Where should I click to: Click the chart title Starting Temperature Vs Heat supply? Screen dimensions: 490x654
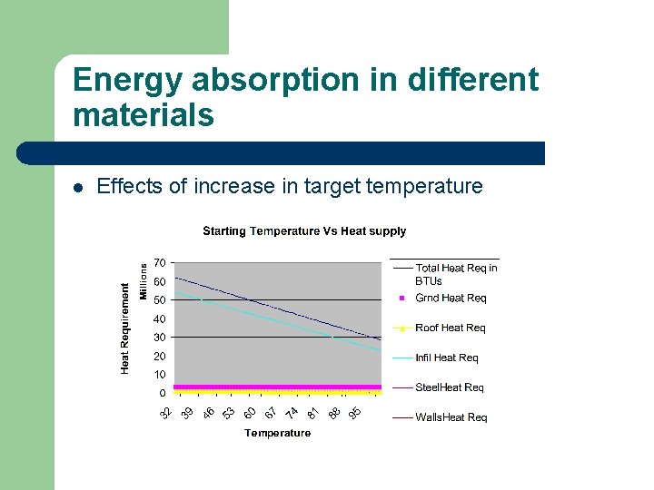[304, 231]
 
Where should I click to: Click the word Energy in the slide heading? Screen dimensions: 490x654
[131, 81]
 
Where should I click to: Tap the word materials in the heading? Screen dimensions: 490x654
[143, 116]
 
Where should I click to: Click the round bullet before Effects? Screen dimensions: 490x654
[78, 188]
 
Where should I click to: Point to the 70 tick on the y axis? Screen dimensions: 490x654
[159, 263]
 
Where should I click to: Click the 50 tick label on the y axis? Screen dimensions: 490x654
[159, 300]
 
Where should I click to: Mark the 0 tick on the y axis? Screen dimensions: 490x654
[163, 394]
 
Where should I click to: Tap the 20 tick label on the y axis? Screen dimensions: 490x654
[159, 357]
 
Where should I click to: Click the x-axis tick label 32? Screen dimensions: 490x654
[166, 414]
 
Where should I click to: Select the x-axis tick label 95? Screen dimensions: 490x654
[355, 414]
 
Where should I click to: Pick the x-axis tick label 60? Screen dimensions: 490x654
[250, 414]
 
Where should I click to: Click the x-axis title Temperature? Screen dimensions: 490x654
[277, 434]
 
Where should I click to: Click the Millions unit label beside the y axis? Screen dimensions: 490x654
[144, 282]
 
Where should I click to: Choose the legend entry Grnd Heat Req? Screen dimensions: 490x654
[451, 298]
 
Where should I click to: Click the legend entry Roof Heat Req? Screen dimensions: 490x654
[450, 328]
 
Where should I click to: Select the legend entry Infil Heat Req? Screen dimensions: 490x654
[447, 358]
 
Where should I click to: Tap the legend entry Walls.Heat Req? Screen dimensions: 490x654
[451, 417]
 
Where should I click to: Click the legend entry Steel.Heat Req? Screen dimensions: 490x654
[449, 387]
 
